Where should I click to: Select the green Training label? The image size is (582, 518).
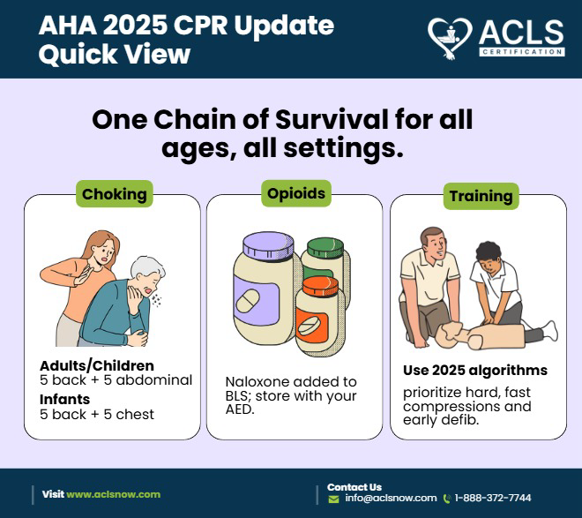coord(482,195)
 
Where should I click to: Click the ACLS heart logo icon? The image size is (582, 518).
coord(450,36)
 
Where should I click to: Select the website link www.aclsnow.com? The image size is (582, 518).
coord(114,494)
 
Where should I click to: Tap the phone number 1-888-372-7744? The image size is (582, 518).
coord(492,498)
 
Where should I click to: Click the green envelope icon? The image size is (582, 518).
coord(333,499)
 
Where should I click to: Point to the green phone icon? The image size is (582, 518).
coord(447,499)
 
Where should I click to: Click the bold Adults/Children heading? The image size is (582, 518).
coord(96,365)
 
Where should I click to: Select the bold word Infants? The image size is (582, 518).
coord(64,399)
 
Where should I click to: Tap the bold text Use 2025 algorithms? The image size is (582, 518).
coord(475,370)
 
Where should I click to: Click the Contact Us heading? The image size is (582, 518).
coord(354,486)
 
